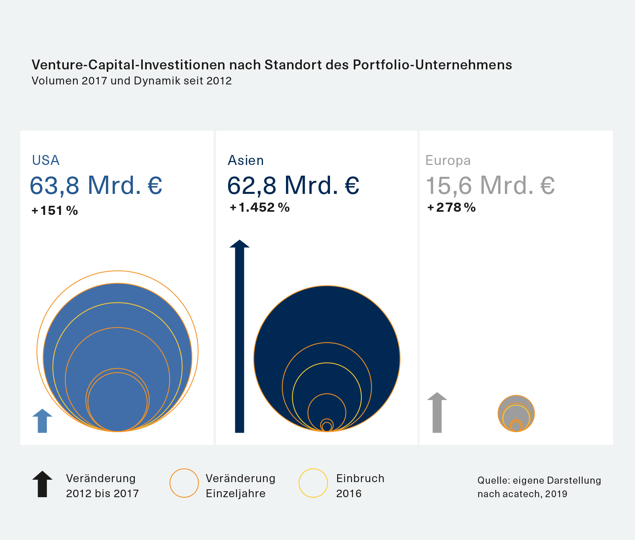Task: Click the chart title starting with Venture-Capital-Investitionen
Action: [x=272, y=65]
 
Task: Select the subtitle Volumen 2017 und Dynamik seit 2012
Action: [x=131, y=81]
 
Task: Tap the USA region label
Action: [x=46, y=160]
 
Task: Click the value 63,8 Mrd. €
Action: [x=96, y=185]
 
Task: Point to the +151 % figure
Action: [x=55, y=211]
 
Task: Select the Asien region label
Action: [x=246, y=160]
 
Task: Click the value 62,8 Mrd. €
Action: [x=293, y=185]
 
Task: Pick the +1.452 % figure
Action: [x=260, y=207]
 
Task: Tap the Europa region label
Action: [x=448, y=160]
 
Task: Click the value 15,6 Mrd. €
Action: [x=490, y=185]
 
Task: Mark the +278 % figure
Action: [x=451, y=207]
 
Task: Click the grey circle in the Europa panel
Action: [x=516, y=413]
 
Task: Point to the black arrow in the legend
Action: [x=42, y=484]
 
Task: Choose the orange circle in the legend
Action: [x=184, y=483]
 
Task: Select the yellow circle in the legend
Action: [x=313, y=483]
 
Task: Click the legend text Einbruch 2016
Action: [x=360, y=486]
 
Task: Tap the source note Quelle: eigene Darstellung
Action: [x=539, y=487]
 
